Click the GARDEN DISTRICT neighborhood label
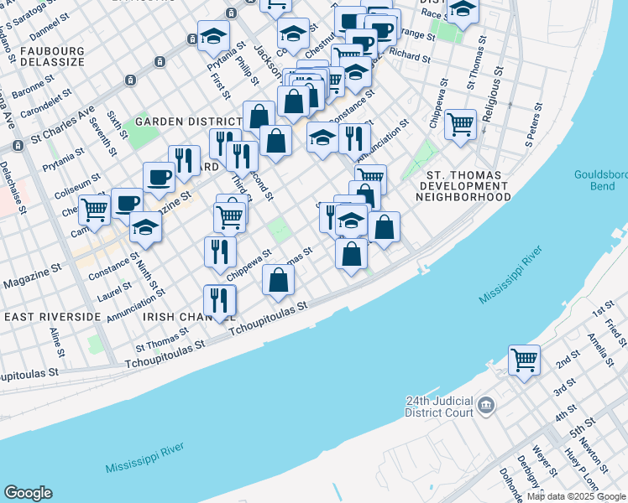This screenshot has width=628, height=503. coord(177,122)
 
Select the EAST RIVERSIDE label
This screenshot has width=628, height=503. coord(53,317)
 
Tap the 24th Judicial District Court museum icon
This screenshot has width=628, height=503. coord(486,407)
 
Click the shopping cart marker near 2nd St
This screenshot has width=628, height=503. coord(524,360)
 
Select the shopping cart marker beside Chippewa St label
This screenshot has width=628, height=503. coord(460,124)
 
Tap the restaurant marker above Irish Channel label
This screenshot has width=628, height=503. coord(219,300)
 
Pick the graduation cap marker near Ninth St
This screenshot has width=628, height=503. coord(145,227)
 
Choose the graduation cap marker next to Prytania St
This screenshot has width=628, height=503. coord(213,36)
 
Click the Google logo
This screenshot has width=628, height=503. coord(28,493)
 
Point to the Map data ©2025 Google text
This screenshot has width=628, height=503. coord(576,496)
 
